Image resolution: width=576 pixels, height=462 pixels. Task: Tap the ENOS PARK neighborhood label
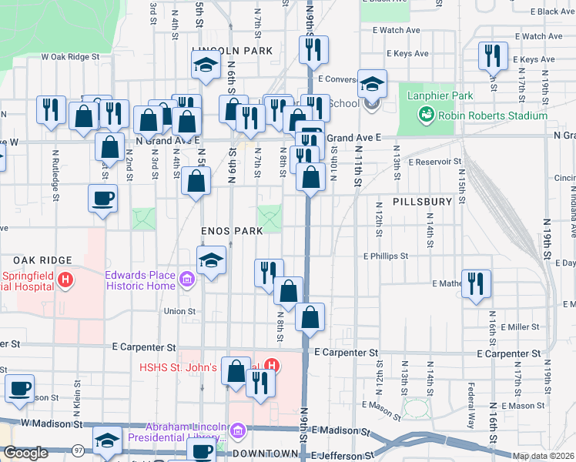coord(232,231)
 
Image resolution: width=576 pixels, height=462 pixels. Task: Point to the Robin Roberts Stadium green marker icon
coord(426,115)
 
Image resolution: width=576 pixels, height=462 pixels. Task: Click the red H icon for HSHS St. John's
coord(271,366)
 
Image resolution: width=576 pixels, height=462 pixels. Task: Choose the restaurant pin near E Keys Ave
coord(491,55)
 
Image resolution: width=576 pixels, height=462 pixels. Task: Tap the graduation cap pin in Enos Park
coord(211,259)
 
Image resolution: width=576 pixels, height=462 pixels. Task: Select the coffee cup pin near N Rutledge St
coord(102,198)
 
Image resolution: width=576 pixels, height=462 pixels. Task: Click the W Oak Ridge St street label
coord(71,56)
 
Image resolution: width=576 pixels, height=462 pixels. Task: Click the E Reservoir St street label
coord(437,162)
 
